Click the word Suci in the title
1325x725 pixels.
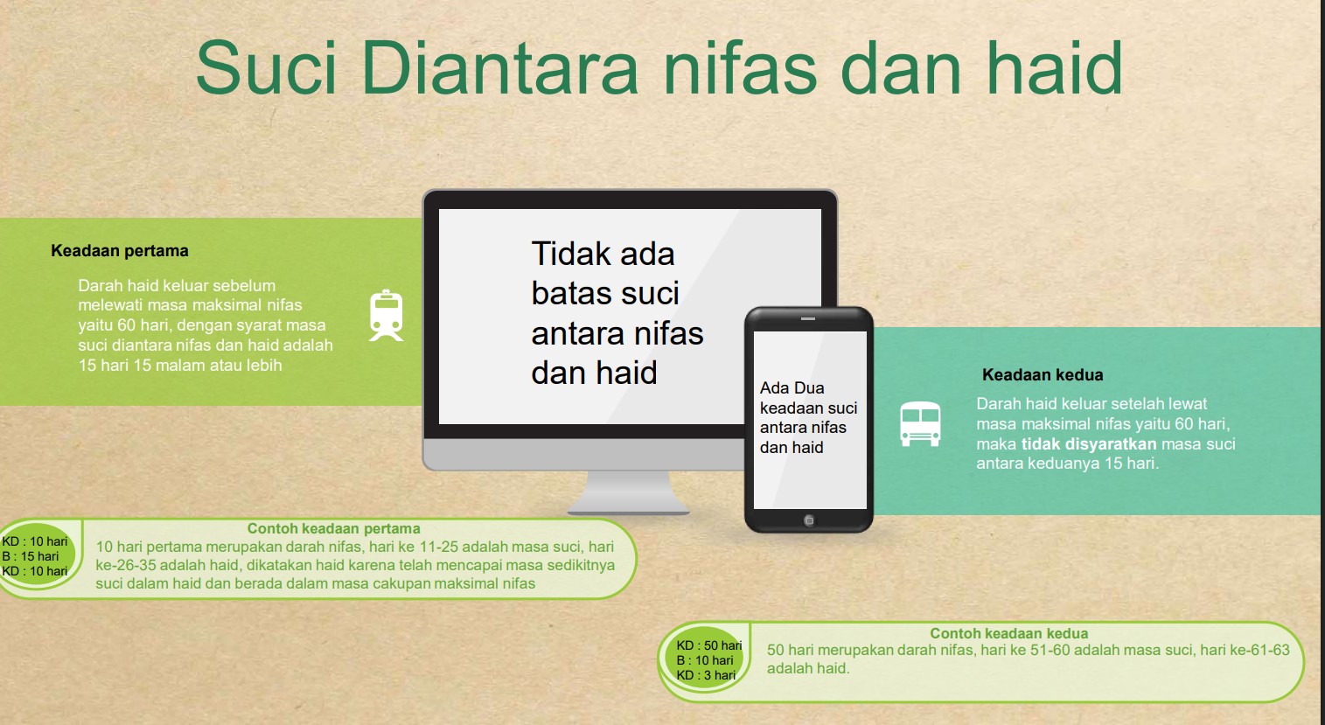[266, 66]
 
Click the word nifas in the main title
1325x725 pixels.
[740, 66]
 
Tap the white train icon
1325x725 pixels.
[387, 315]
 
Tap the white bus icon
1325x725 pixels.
[920, 423]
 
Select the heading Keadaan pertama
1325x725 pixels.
[120, 251]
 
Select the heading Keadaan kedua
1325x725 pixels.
[1043, 374]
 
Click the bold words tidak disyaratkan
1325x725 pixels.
[1088, 443]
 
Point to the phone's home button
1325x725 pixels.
[809, 520]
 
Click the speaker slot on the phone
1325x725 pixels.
[808, 318]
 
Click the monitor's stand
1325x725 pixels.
[628, 492]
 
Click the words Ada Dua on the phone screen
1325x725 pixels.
[792, 388]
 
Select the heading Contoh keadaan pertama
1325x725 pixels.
[333, 528]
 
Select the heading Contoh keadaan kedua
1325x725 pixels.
[1009, 633]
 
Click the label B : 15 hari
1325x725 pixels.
[30, 556]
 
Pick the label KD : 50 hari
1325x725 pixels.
[708, 645]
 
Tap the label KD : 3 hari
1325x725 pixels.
[706, 675]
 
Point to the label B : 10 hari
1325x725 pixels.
[705, 660]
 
